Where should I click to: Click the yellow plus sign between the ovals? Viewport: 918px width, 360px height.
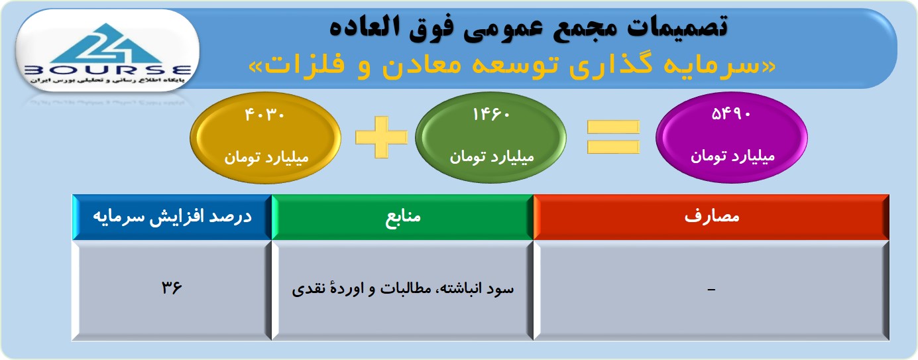tap(381, 137)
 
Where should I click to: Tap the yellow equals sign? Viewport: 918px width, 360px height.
tap(613, 137)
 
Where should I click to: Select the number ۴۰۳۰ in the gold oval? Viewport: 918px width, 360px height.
tap(264, 115)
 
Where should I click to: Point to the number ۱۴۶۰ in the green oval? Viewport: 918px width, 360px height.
tap(491, 115)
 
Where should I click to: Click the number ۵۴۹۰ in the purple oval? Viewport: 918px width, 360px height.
tap(730, 114)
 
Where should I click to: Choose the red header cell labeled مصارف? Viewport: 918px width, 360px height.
tap(711, 217)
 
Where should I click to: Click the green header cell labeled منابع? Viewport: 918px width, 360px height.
tap(403, 217)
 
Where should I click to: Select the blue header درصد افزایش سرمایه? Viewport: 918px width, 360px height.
tap(172, 217)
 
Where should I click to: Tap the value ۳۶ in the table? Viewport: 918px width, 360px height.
tap(172, 288)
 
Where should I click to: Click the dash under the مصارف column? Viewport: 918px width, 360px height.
tap(711, 290)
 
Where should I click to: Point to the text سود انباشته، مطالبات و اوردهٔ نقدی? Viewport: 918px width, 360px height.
tap(403, 288)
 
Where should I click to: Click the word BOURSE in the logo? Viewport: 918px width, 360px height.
tap(108, 70)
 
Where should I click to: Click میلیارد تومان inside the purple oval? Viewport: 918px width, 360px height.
tap(732, 156)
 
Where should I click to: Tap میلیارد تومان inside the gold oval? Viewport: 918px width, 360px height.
tap(266, 157)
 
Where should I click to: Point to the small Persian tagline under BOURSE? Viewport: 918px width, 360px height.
tap(107, 81)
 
